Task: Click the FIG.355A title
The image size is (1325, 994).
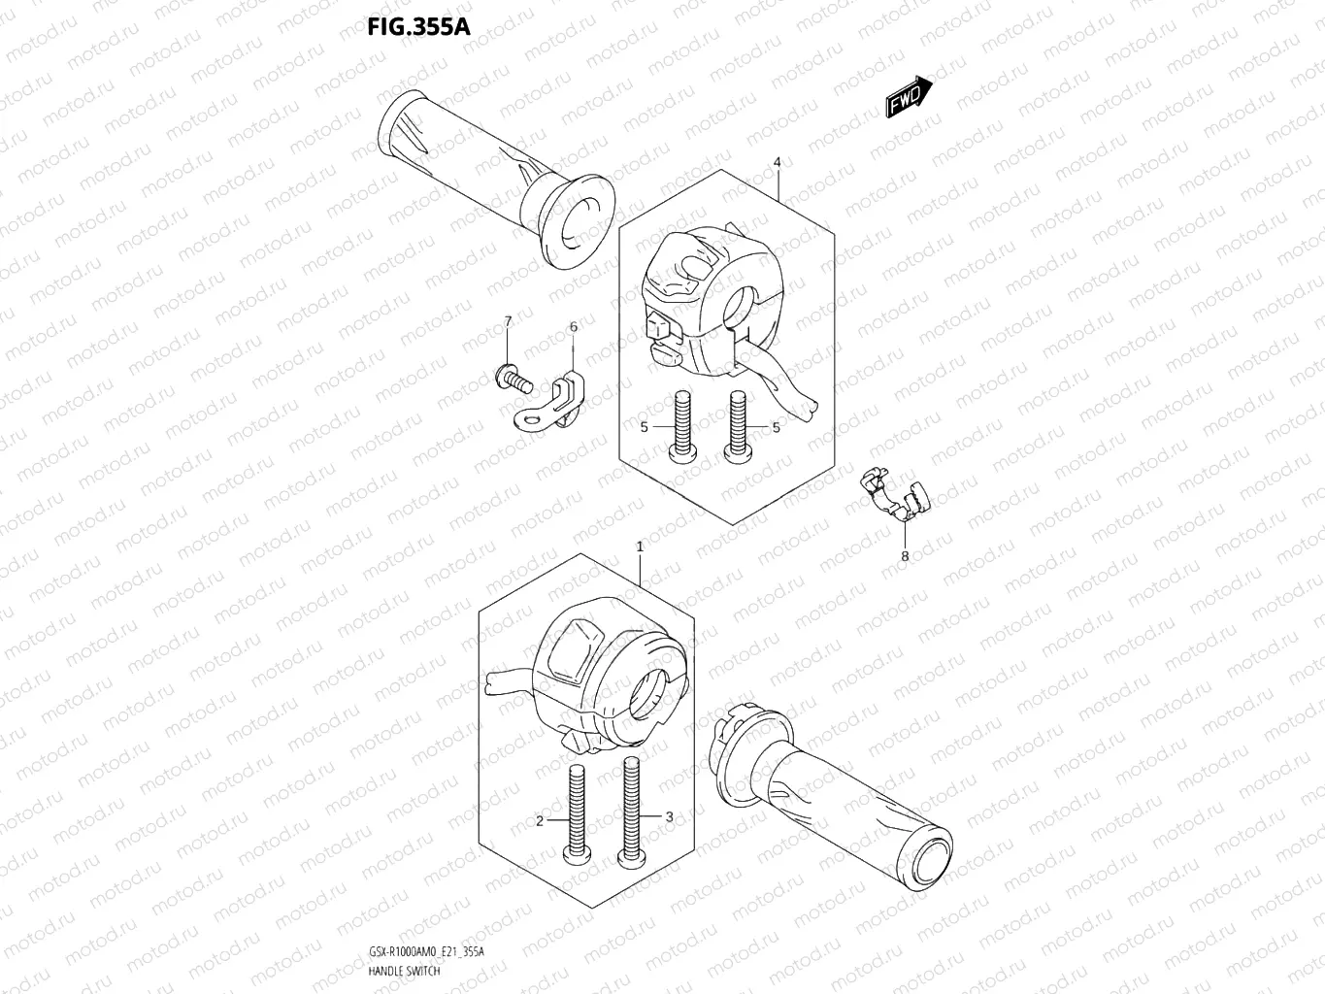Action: [418, 25]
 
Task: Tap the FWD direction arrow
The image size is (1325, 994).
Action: [909, 97]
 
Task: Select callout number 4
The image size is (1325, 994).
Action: [778, 162]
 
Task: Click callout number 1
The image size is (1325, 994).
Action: [640, 547]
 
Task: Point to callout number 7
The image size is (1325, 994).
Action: [507, 321]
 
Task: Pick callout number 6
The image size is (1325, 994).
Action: [573, 327]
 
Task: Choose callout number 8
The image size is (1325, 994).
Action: [905, 556]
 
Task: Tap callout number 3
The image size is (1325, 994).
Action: [669, 816]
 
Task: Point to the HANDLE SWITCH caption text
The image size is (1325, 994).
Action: [405, 970]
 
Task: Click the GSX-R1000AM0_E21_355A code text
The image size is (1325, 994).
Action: [426, 952]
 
